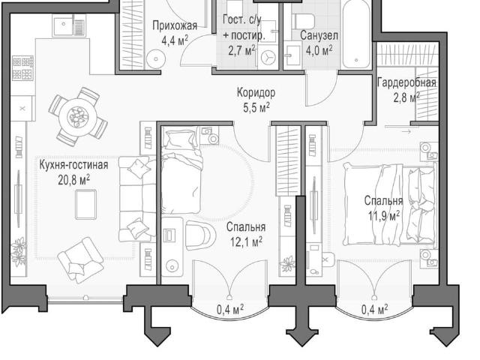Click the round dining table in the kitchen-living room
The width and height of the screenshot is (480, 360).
[78, 117]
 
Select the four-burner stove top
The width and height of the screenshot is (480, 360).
[22, 68]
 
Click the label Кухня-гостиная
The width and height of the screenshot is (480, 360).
[73, 165]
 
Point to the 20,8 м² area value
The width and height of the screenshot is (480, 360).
[73, 180]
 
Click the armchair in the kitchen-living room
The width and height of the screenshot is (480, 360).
[81, 260]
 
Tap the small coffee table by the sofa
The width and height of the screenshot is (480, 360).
[85, 204]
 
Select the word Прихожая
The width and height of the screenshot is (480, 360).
[175, 25]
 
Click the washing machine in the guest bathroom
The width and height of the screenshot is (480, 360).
[267, 57]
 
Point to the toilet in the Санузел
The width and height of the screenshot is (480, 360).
[303, 21]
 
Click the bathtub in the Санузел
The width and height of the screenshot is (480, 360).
[356, 34]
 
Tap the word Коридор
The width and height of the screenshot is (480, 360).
[256, 92]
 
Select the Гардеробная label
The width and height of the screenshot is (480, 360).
[406, 82]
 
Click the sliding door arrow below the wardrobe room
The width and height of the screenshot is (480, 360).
[406, 132]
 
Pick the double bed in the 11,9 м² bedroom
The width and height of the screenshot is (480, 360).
[390, 204]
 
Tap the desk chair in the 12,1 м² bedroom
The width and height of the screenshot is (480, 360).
[200, 235]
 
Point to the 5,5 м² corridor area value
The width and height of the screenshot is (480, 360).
[256, 107]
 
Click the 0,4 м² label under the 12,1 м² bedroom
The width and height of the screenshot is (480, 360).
[230, 309]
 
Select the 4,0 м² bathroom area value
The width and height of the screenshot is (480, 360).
[319, 50]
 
